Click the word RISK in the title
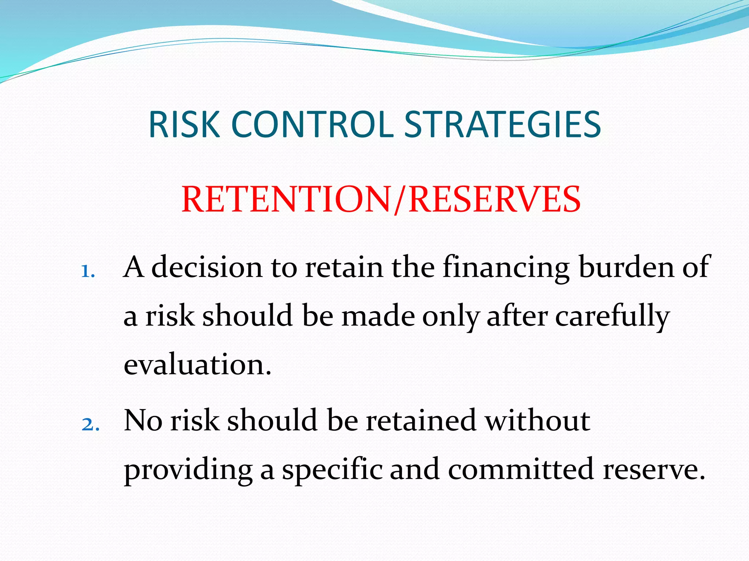pos(184,125)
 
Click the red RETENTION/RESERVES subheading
pos(381,199)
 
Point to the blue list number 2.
pos(90,425)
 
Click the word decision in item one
pos(207,267)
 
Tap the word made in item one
pos(378,316)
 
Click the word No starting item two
pos(143,420)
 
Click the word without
pos(537,420)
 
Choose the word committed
pos(520,469)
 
